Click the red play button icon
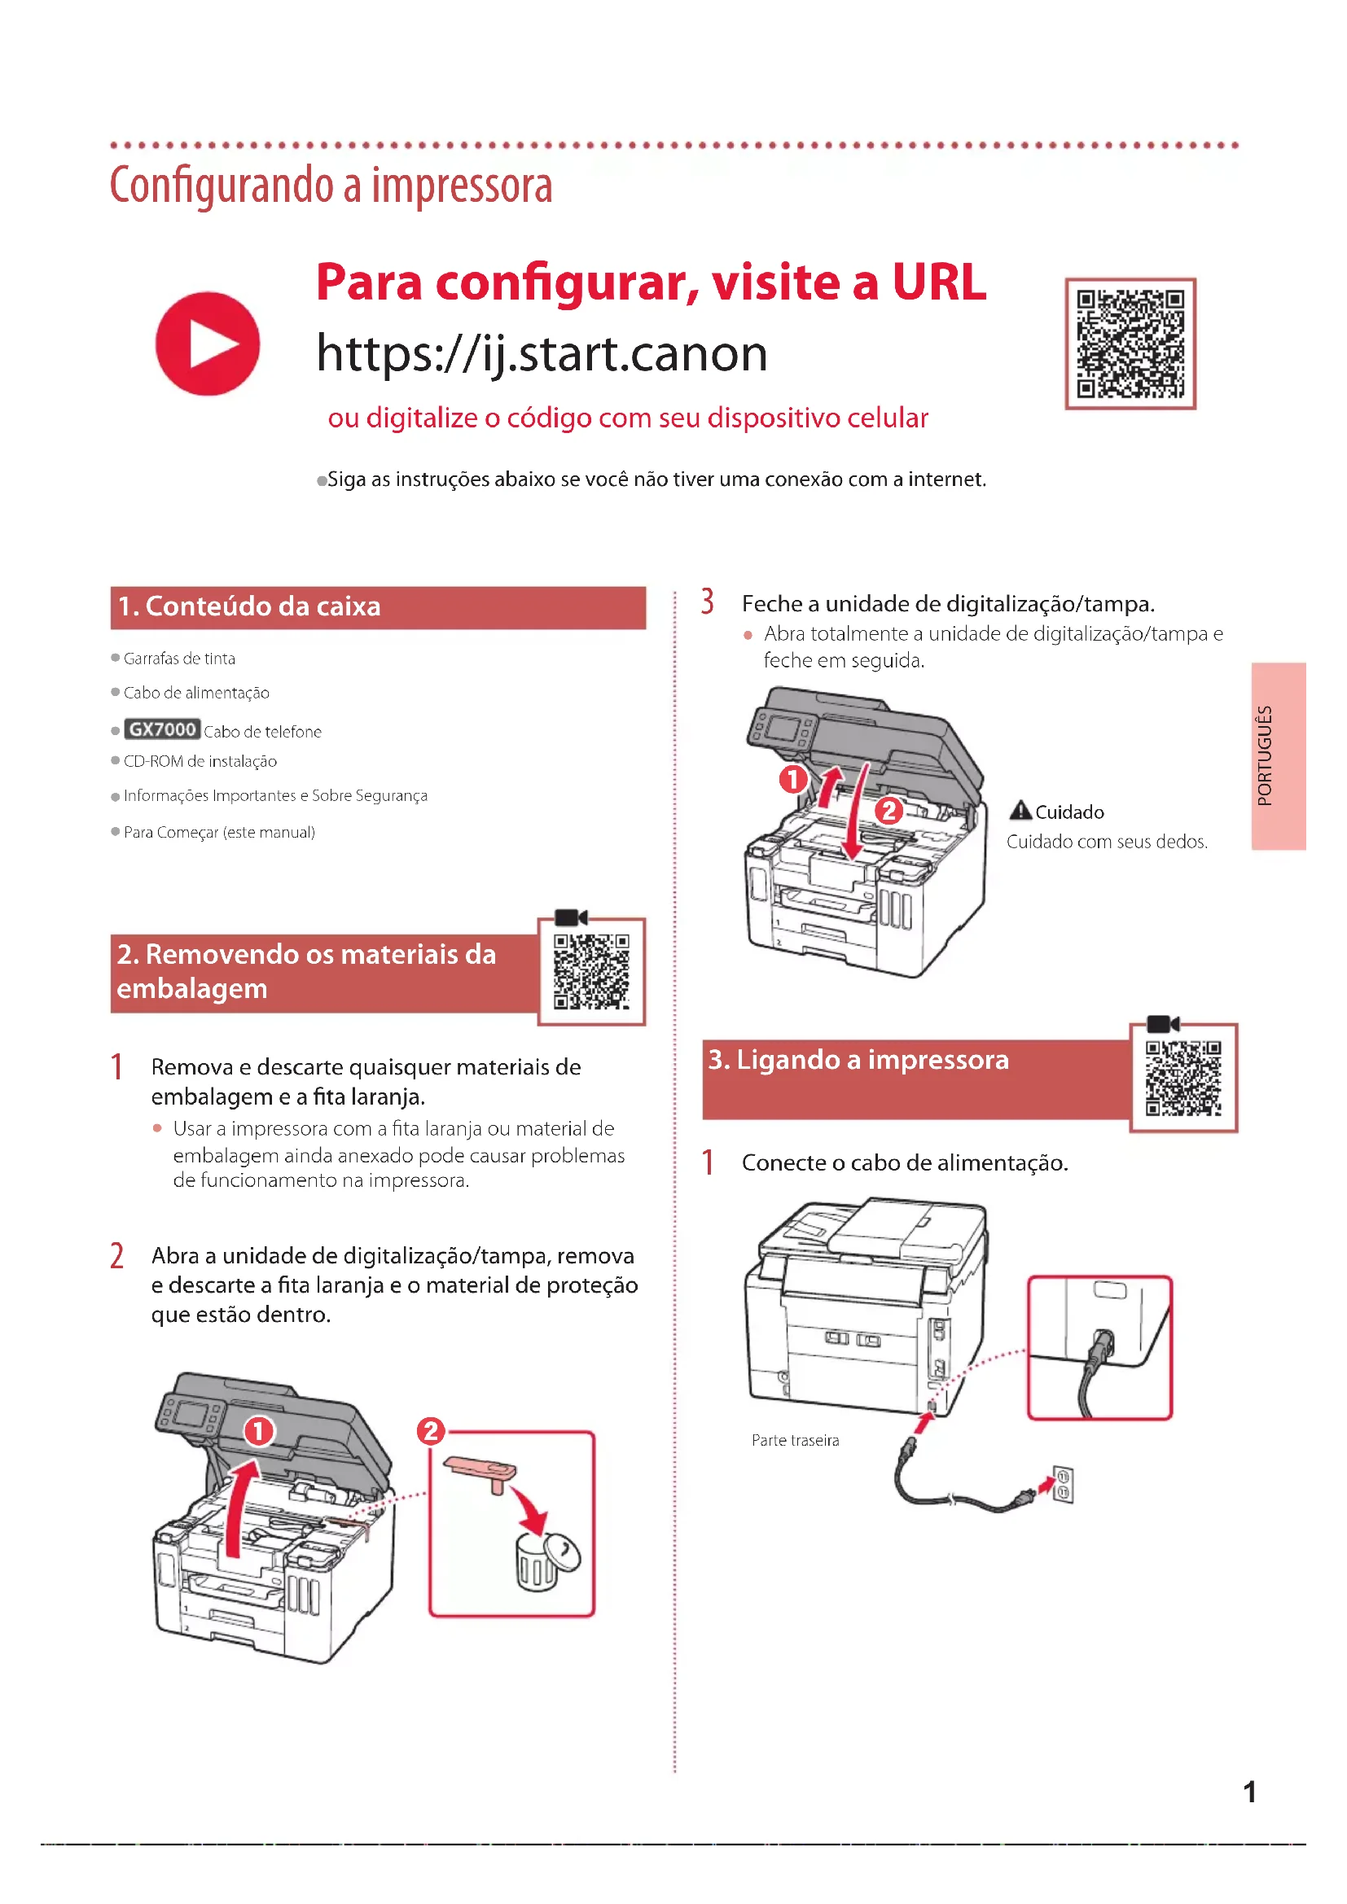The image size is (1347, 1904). [x=208, y=344]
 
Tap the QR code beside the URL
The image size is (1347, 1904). [x=1130, y=344]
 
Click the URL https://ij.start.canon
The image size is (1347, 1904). [x=542, y=354]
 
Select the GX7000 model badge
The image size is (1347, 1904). [x=162, y=729]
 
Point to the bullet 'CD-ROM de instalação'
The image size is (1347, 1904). [x=200, y=761]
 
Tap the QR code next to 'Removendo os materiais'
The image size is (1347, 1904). [x=591, y=972]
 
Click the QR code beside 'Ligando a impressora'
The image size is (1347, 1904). [x=1182, y=1078]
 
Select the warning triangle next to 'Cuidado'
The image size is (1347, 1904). [x=1020, y=810]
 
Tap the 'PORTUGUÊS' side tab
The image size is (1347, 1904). [x=1278, y=755]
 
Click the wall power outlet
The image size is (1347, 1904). [x=1063, y=1485]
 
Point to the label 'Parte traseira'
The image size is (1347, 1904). [x=795, y=1441]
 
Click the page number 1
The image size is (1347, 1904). [x=1249, y=1792]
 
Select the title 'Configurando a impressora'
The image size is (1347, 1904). [x=331, y=185]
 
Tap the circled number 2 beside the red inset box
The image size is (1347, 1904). [x=431, y=1430]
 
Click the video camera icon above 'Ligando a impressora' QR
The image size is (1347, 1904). [x=1162, y=1024]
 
